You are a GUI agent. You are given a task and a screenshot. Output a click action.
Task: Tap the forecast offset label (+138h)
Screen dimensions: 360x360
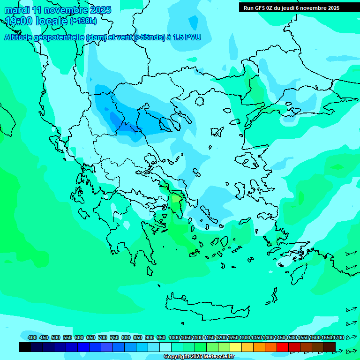(x=83, y=21)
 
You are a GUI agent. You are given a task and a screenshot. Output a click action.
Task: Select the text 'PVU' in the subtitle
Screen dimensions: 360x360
(x=192, y=37)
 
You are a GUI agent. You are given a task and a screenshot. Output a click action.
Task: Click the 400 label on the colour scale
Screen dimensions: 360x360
(x=32, y=337)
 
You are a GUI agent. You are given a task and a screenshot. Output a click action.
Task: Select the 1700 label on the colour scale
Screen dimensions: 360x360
(x=339, y=337)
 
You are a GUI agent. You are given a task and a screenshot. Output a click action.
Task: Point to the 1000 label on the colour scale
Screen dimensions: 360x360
(x=174, y=337)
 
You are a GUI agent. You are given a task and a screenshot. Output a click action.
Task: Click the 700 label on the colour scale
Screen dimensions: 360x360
(x=103, y=337)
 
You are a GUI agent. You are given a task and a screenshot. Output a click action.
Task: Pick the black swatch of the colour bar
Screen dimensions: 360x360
(x=24, y=347)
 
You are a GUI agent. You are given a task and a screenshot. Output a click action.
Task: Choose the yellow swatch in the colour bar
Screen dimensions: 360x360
(x=236, y=347)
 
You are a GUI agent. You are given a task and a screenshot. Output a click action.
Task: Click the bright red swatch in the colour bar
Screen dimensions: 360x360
(x=283, y=347)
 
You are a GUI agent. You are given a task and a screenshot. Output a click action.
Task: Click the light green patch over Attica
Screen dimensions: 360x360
(x=176, y=199)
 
